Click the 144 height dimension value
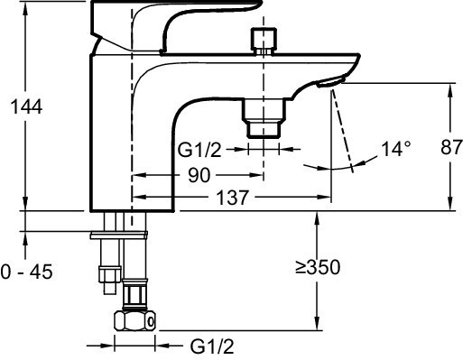[26, 106]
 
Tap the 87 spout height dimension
[451, 147]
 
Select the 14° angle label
[396, 149]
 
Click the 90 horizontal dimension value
[199, 175]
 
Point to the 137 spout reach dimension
[233, 198]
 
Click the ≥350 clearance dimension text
[318, 267]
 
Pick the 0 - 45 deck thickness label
[26, 272]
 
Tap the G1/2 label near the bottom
[212, 346]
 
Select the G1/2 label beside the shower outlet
[199, 150]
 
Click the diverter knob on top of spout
[264, 41]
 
